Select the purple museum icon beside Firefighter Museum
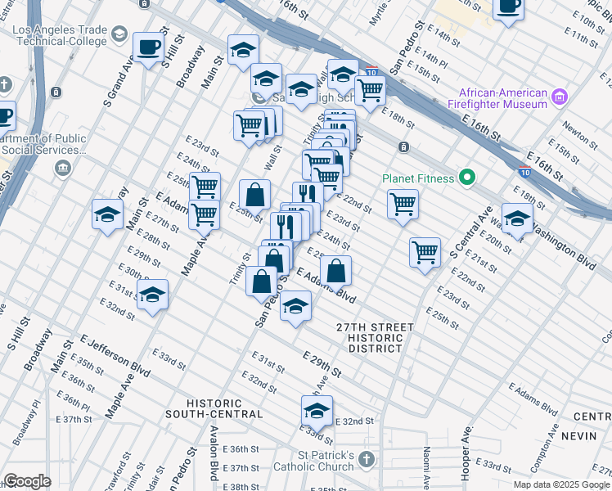coord(560,98)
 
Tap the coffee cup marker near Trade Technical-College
coord(148,47)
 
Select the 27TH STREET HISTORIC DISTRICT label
coord(375,337)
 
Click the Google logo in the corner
coord(27,481)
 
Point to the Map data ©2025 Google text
coord(560,484)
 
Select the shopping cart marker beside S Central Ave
coord(425,252)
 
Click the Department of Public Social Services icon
coord(63,169)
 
